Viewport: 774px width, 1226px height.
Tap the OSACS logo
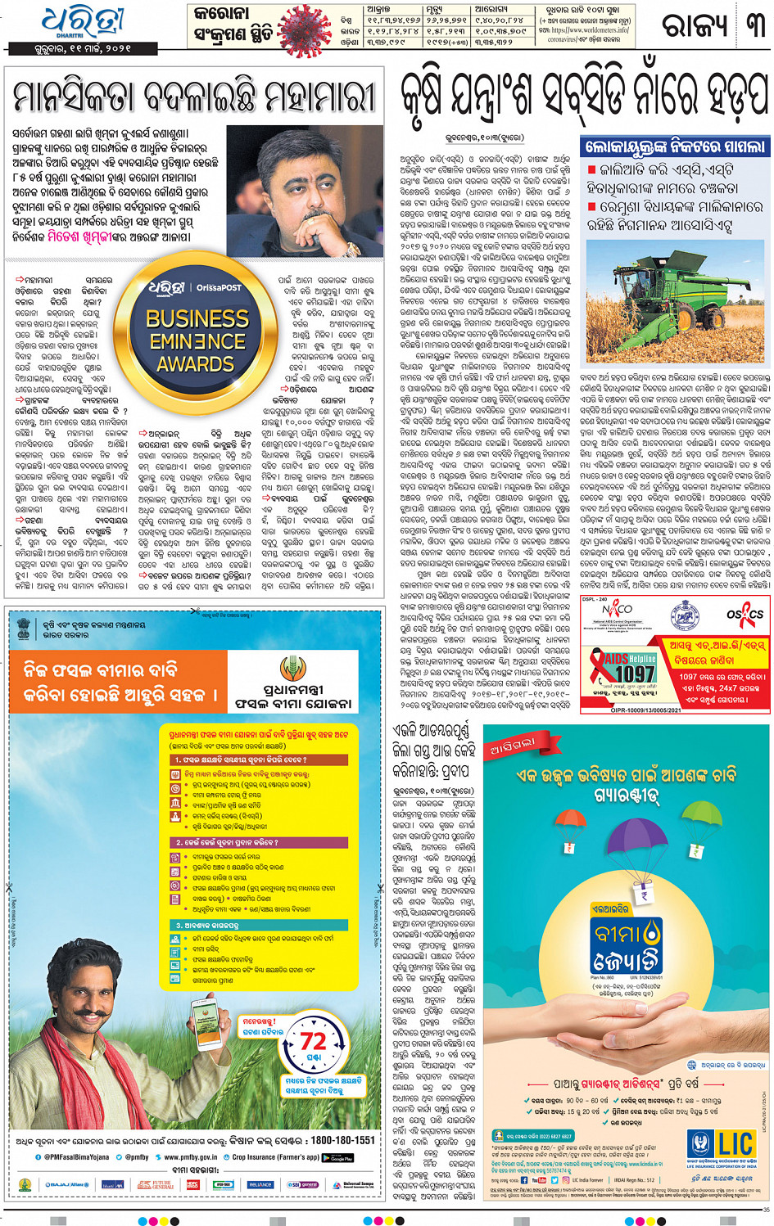pos(745,614)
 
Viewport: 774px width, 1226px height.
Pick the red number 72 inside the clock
pos(313,1041)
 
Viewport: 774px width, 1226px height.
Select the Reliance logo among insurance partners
pos(260,1184)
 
